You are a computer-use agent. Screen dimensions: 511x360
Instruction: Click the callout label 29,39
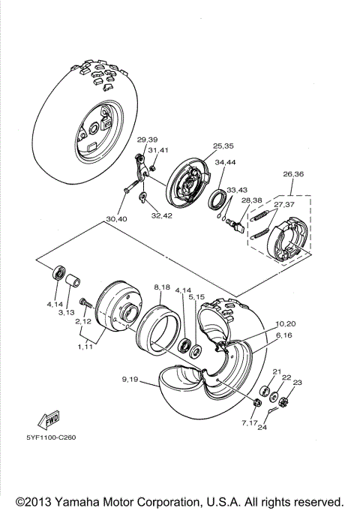tap(147, 140)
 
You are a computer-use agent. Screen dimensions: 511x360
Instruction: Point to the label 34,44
tap(225, 162)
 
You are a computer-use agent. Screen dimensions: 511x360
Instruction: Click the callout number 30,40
tap(116, 219)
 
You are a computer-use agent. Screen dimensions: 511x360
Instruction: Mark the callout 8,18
tap(162, 288)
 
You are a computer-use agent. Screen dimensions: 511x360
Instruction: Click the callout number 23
tap(298, 383)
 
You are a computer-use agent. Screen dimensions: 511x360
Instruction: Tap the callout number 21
tap(276, 372)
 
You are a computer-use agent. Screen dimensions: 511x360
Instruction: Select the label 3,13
tap(67, 312)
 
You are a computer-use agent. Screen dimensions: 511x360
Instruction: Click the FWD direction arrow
tap(49, 418)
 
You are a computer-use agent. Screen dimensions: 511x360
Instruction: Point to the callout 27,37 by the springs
tap(283, 205)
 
